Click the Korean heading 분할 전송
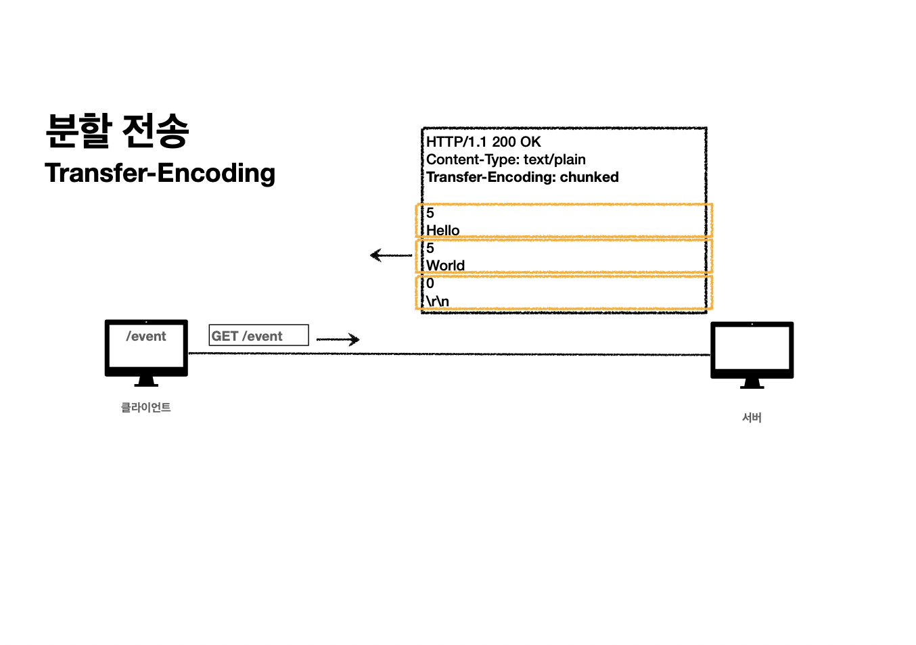click(117, 130)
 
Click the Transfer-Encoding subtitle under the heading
click(160, 173)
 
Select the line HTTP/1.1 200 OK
click(483, 142)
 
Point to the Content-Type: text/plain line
click(505, 160)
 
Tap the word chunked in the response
click(589, 177)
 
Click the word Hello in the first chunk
click(442, 231)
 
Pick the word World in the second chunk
click(445, 266)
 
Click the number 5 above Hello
click(430, 213)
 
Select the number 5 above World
click(430, 248)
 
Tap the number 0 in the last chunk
click(430, 283)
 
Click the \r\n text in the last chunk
click(437, 301)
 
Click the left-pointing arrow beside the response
click(390, 256)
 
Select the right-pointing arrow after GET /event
click(338, 339)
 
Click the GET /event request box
click(258, 335)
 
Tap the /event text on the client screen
click(146, 336)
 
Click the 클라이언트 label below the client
click(146, 407)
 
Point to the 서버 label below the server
click(752, 417)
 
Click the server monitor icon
click(752, 350)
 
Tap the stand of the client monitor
click(146, 382)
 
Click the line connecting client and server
click(446, 354)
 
